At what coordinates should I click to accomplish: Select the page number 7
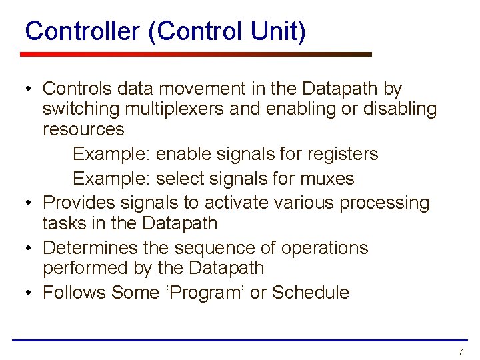(460, 351)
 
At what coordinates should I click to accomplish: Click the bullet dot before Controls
(29, 89)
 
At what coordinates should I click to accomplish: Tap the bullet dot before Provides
(29, 203)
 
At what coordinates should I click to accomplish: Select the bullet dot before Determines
(29, 248)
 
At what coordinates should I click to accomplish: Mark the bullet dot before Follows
(29, 293)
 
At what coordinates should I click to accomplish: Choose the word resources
(83, 129)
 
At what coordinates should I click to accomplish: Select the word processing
(385, 202)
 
